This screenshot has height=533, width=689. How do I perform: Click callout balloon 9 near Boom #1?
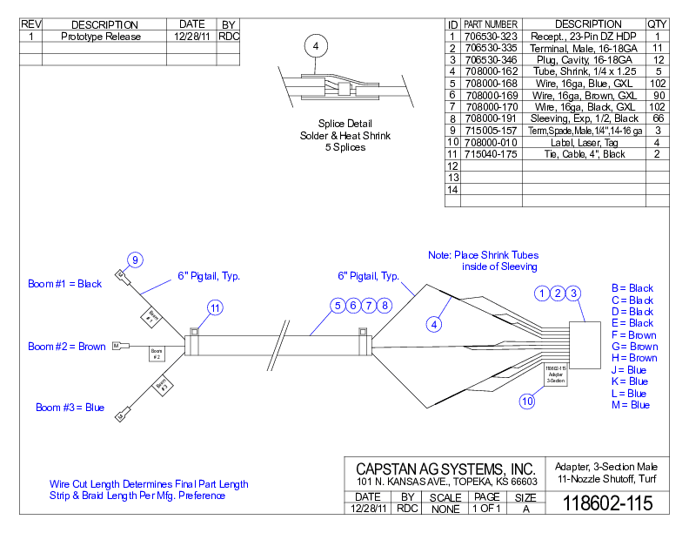tap(135, 259)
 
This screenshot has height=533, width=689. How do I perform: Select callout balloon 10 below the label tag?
tap(527, 401)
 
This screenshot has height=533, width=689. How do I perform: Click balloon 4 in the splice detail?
tap(316, 45)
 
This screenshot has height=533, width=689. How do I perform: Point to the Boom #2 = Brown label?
tap(67, 347)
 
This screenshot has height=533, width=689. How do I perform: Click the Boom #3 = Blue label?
tap(70, 408)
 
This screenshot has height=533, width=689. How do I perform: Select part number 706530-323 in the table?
tap(491, 37)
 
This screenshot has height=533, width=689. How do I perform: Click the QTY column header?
tap(657, 24)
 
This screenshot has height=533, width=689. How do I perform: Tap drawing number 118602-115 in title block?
tap(607, 503)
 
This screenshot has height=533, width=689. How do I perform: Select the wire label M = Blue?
tap(630, 405)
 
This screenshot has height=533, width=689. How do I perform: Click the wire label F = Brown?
tap(634, 334)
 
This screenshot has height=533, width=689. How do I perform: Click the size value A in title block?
tap(525, 508)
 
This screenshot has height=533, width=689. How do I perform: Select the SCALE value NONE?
tap(445, 508)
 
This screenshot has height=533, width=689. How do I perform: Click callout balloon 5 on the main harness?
tap(338, 306)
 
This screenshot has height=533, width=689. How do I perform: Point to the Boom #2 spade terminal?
tap(117, 346)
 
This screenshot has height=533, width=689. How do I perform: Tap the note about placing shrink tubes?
tap(482, 260)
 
